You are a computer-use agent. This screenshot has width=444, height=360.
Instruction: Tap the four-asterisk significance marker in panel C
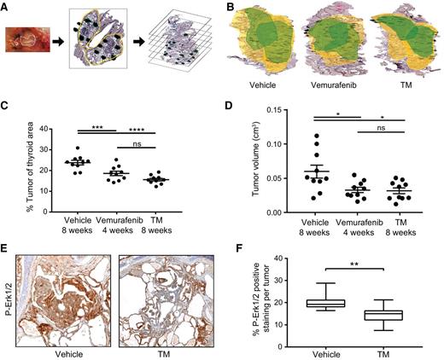130,129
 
